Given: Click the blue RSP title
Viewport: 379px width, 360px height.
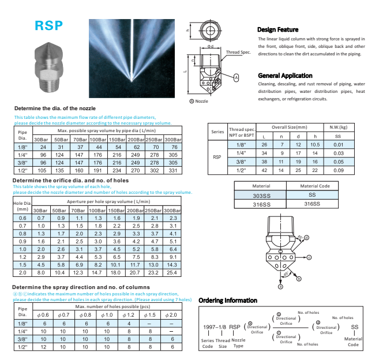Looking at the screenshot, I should coord(49,27).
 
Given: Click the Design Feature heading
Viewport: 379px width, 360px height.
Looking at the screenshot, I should coord(277,29).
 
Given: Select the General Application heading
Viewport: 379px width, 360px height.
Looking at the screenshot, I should coord(285,76).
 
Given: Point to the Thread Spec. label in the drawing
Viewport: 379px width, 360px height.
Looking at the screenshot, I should coord(238,52).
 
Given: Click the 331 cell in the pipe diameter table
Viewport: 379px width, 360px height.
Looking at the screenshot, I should coord(171,171).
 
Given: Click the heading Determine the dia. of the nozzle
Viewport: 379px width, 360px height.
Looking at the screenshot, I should coord(54,108).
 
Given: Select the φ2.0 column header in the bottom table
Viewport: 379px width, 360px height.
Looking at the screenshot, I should coord(171,314).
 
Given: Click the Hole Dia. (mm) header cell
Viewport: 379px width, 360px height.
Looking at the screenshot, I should coord(22,206).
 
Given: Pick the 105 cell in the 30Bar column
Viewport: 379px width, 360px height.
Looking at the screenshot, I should coord(41,171).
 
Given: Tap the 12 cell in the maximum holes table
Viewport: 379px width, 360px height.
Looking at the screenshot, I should coord(41,347).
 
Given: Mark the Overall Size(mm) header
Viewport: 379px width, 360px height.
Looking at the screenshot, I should coord(289,126).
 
